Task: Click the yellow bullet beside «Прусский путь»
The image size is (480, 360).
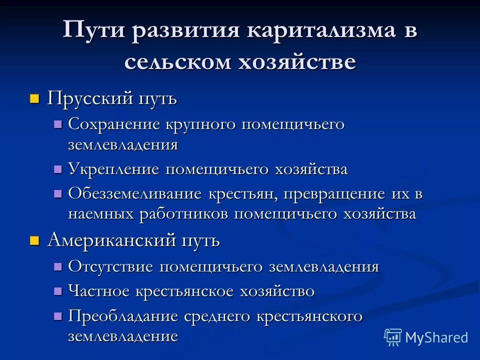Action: (34, 98)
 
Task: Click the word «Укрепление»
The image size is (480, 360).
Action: (113, 169)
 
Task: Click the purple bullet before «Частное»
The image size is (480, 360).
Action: (58, 290)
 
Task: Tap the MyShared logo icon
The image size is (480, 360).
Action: (392, 337)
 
